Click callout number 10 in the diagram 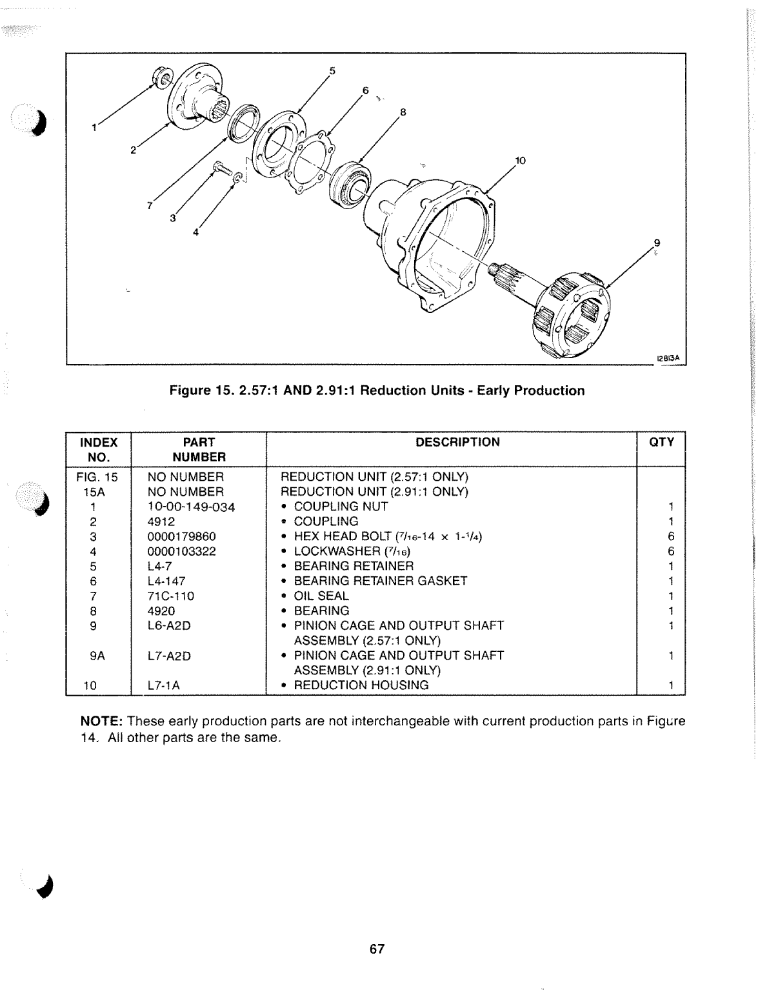(521, 160)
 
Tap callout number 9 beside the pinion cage (657, 243)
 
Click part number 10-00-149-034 (191, 507)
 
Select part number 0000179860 (182, 536)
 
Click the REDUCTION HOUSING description (361, 685)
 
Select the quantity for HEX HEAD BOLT (671, 536)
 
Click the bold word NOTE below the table (101, 721)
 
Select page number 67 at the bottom (377, 949)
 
